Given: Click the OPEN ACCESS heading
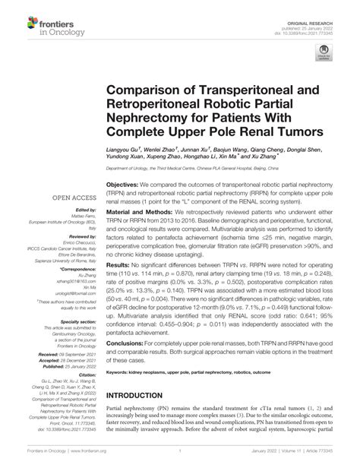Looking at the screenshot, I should click(x=71, y=200).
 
